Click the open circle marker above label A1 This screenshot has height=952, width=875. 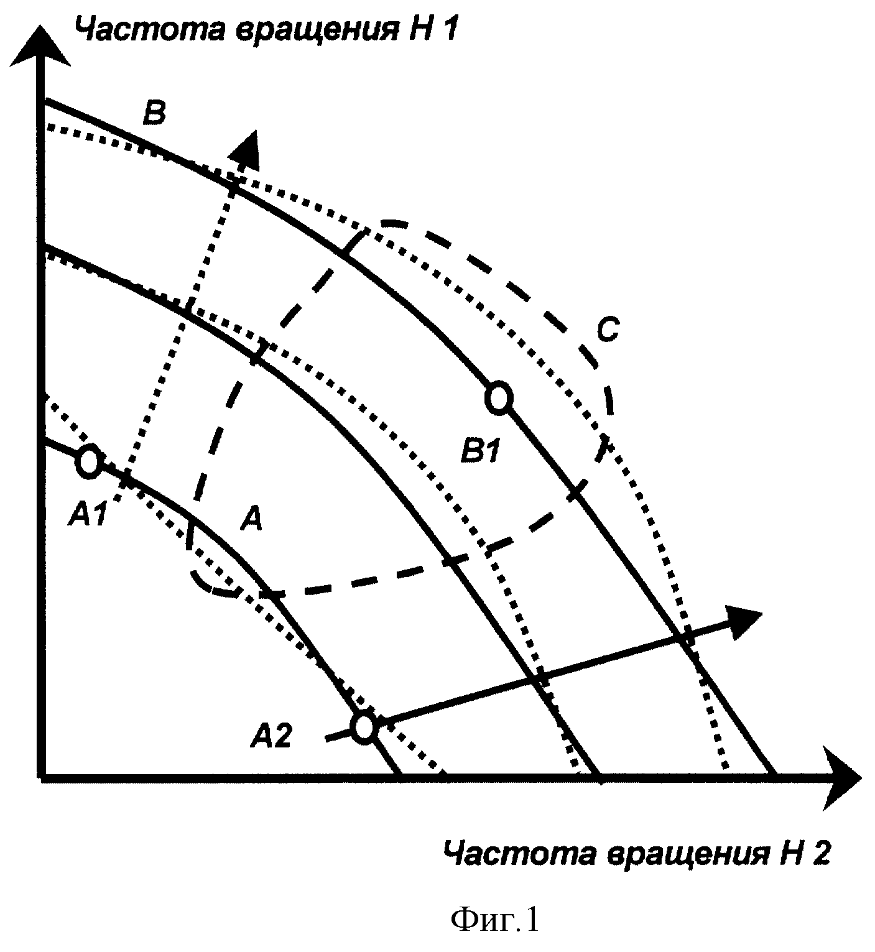point(89,461)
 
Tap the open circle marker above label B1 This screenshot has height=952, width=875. point(499,398)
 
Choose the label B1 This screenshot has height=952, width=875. point(481,450)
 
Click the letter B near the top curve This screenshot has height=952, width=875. point(155,113)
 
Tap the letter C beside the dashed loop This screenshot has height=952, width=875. point(608,330)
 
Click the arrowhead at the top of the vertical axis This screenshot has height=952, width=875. point(41,45)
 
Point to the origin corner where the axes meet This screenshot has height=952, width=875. point(42,777)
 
